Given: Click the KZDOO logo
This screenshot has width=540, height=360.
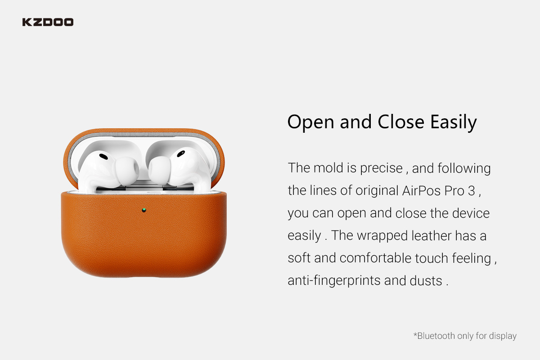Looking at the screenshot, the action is coord(48,22).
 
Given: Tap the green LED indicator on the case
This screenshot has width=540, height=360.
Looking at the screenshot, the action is coord(144,210).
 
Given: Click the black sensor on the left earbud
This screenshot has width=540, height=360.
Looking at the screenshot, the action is coord(103,156).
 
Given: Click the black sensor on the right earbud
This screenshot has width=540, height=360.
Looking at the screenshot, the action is coord(181,153).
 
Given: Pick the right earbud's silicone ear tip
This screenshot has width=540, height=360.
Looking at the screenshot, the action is coord(160,170).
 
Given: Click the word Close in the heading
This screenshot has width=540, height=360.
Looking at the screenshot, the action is coord(400,122).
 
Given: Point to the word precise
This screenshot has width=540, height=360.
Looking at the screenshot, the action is coord(381,169).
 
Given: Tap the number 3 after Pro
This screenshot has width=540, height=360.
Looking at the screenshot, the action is coord(472,191).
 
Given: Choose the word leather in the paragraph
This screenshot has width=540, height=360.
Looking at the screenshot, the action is coord(432,236).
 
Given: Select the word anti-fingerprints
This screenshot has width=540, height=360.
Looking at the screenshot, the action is coord(334,281).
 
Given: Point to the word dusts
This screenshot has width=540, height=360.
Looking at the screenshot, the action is coord(426,280).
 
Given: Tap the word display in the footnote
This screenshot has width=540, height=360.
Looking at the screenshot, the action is coord(503,336).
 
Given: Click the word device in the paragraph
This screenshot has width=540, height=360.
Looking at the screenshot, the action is coord(471,213).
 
